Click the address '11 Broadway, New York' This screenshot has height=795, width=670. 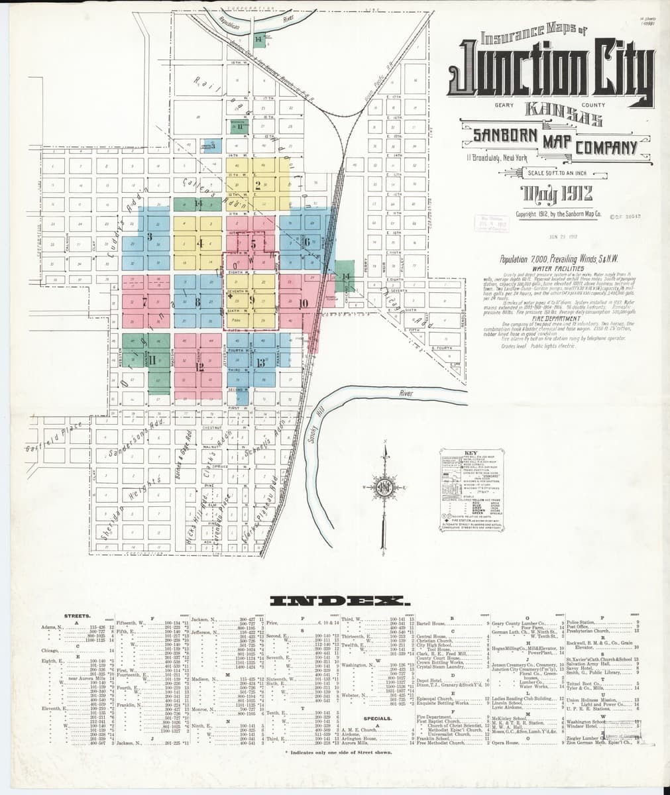tap(496, 158)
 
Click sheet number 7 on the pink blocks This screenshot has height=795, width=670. tap(144, 302)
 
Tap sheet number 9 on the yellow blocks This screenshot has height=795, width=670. tap(252, 299)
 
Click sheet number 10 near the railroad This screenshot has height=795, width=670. tap(304, 303)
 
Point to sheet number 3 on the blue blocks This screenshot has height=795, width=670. tap(150, 236)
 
